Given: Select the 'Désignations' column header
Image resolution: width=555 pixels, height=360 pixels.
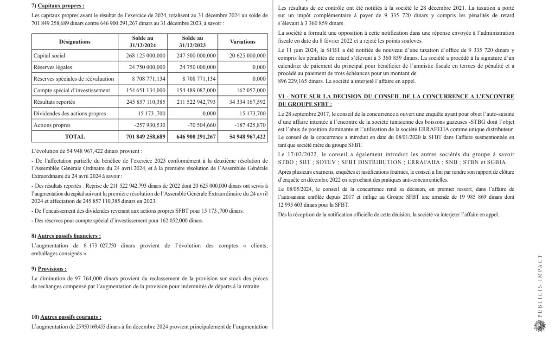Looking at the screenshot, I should (x=75, y=42).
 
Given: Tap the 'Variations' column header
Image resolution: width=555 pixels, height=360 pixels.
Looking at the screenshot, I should (x=242, y=42).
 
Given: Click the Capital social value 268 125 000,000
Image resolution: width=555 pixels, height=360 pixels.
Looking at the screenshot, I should (x=146, y=56).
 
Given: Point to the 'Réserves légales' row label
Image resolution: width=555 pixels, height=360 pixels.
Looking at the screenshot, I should (x=53, y=67).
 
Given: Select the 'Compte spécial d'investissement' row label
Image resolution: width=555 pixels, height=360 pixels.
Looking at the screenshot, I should (x=72, y=90).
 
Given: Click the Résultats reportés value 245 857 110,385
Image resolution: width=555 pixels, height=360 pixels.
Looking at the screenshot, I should (x=146, y=102).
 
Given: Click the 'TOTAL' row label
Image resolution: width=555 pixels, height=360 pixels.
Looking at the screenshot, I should (x=75, y=137).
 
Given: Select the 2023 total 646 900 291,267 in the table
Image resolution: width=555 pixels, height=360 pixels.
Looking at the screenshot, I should (x=194, y=137).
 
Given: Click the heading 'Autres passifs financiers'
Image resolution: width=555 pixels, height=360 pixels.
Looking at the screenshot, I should (x=69, y=236).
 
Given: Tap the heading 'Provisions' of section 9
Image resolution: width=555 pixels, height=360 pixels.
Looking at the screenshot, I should (x=52, y=269).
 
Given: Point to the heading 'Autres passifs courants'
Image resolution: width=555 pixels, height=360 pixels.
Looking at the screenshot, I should (x=70, y=317).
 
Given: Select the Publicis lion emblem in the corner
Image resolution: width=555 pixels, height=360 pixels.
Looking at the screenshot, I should (x=539, y=326).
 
